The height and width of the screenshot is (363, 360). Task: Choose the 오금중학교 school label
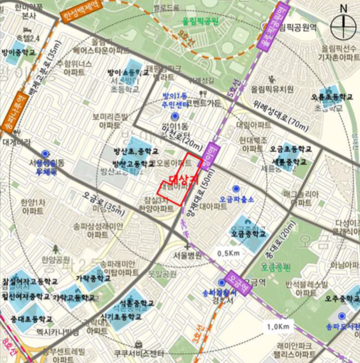click(249, 234)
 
